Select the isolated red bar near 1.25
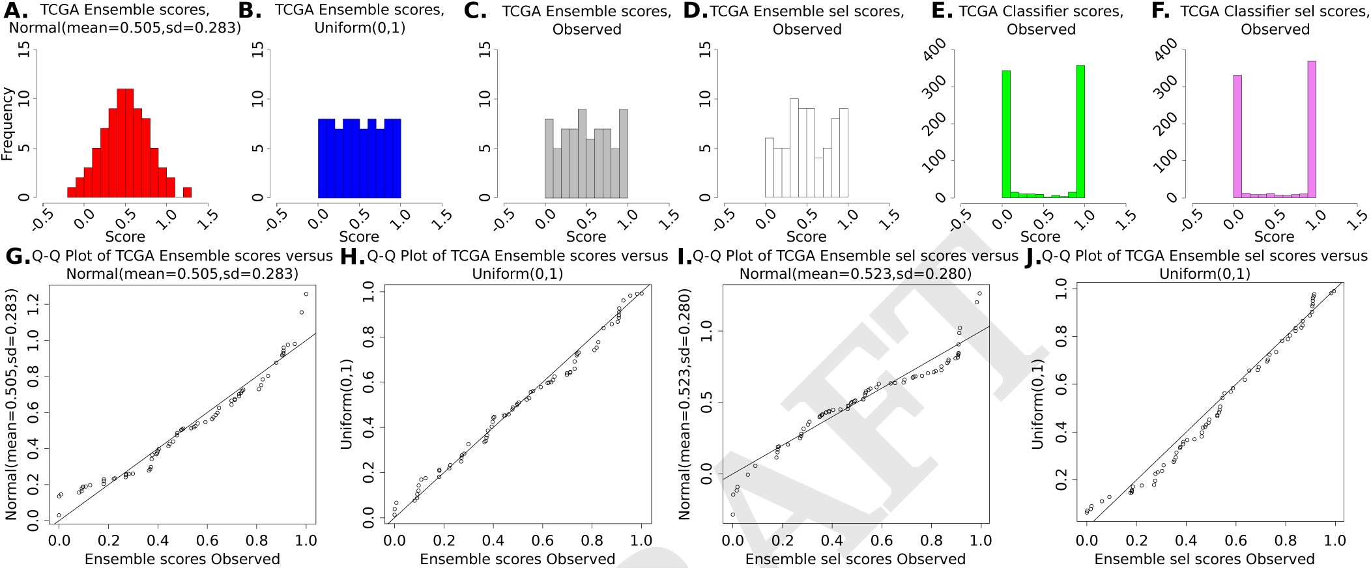click(187, 192)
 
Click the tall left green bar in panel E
click(1006, 134)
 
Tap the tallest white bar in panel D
click(794, 148)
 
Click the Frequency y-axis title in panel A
click(7, 124)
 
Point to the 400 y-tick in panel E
click(935, 50)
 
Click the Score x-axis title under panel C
click(586, 236)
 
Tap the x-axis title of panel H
click(517, 559)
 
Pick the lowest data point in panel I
click(733, 515)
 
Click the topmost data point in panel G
click(306, 294)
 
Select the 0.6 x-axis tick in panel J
click(1235, 540)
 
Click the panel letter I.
click(684, 257)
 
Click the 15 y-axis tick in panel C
click(485, 50)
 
